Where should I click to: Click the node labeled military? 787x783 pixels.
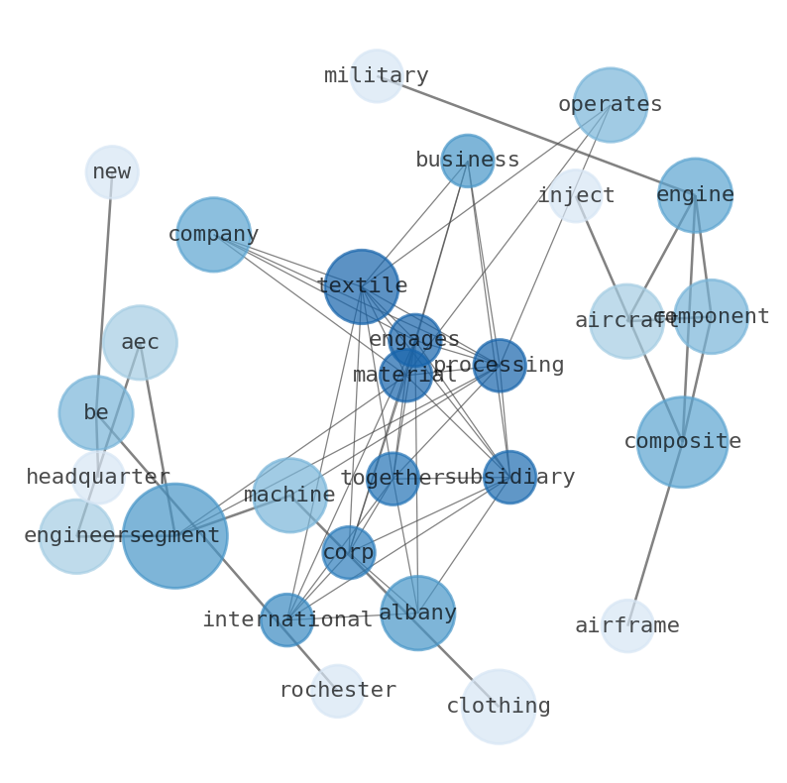coord(377,76)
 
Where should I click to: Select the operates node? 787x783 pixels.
coord(610,105)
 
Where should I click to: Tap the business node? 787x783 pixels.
coord(467,161)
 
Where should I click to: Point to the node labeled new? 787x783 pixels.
coord(112,172)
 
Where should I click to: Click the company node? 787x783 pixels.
coord(213,235)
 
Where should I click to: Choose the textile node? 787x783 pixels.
coord(362,286)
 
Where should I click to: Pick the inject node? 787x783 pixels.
coord(576,196)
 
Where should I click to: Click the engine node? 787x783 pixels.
coord(695,195)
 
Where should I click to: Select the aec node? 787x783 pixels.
coord(140,343)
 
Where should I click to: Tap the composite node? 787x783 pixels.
coord(682,442)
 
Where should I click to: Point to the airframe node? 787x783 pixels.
coord(627,626)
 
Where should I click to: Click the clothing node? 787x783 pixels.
coord(499,707)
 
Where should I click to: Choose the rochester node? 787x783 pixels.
coord(338,691)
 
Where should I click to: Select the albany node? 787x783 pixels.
coord(417,614)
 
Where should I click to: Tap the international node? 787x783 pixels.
coord(287,620)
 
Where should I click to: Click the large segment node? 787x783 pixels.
coord(174,535)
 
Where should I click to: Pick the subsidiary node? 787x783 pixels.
coord(509,478)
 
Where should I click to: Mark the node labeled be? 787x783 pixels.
coord(96,413)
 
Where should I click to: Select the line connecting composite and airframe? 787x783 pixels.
coord(654,535)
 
